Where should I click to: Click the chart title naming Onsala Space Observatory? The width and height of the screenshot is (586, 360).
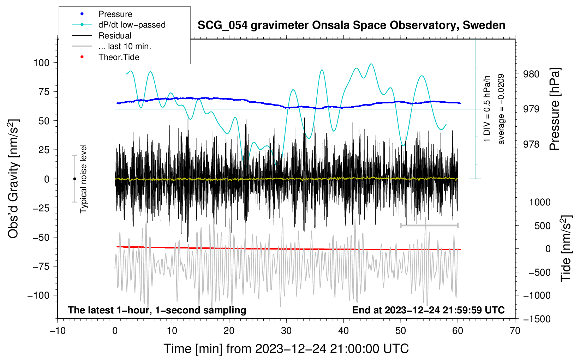click(351, 25)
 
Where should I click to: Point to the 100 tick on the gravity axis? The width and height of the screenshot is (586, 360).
click(41, 63)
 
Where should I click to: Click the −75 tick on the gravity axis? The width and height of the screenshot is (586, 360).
click(41, 266)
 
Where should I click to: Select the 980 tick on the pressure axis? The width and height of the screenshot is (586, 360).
click(531, 74)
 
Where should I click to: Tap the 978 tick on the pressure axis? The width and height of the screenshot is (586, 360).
click(531, 144)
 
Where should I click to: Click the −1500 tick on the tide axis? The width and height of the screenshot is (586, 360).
click(538, 319)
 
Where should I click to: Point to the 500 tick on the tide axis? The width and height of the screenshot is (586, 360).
click(542, 226)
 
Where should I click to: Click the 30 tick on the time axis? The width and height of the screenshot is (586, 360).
click(286, 331)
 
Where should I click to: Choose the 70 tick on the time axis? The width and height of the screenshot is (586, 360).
click(515, 331)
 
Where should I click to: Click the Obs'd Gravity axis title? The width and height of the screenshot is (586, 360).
click(13, 179)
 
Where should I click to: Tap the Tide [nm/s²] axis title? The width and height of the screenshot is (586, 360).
click(566, 248)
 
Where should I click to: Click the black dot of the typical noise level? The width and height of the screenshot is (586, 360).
click(74, 179)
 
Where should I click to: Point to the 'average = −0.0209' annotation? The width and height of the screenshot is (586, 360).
click(501, 109)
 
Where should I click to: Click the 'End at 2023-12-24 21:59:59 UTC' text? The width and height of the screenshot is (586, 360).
click(428, 310)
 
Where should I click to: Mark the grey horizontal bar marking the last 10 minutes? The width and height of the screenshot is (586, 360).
click(429, 225)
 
